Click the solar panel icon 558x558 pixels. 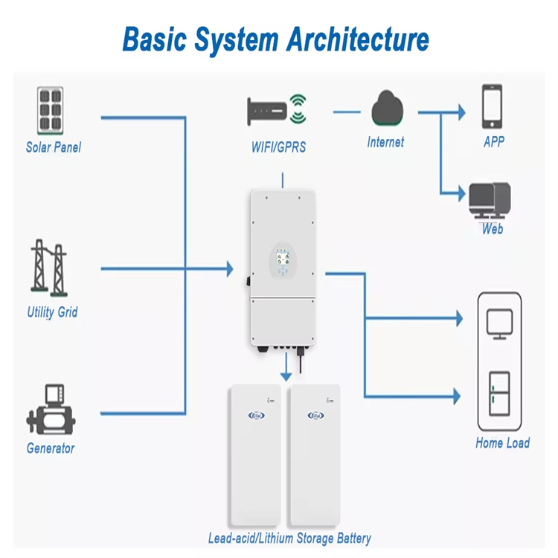tap(50, 111)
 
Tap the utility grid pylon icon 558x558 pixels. tap(49, 268)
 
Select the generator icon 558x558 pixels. tap(51, 409)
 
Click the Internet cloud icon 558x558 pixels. tap(387, 108)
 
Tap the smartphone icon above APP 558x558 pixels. tap(493, 106)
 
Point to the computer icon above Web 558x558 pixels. tap(490, 201)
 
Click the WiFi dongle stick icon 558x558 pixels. tap(267, 111)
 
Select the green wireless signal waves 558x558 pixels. tap(298, 109)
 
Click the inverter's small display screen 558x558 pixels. tap(283, 257)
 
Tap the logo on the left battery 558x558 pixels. tap(256, 415)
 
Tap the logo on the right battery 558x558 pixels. tap(315, 415)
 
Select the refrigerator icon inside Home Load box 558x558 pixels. tap(499, 394)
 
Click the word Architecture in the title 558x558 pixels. tap(358, 39)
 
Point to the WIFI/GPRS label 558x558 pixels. tap(279, 147)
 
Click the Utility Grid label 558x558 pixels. tap(52, 312)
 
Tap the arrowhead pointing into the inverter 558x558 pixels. tap(230, 269)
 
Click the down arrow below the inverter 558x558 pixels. tap(286, 367)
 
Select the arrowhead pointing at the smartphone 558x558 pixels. tap(461, 112)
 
